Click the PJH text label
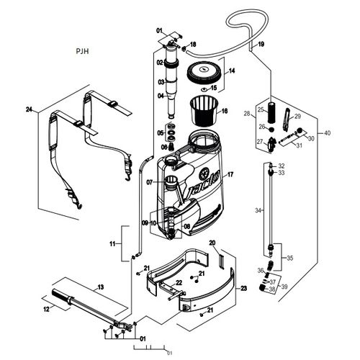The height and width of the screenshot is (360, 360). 84,53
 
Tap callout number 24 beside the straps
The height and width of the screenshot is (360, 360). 29,110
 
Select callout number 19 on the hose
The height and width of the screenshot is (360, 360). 261,44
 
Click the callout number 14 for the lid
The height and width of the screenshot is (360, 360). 232,71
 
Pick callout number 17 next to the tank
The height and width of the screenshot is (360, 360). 230,175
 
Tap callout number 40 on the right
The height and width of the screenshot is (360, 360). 328,134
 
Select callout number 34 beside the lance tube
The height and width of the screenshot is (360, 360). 258,210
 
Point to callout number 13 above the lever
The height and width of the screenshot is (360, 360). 100,287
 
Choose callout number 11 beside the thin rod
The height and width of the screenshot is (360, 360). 112,245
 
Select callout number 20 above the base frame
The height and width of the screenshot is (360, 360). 212,244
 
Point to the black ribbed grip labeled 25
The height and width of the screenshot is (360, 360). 271,114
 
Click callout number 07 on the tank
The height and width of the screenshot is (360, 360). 150,183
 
